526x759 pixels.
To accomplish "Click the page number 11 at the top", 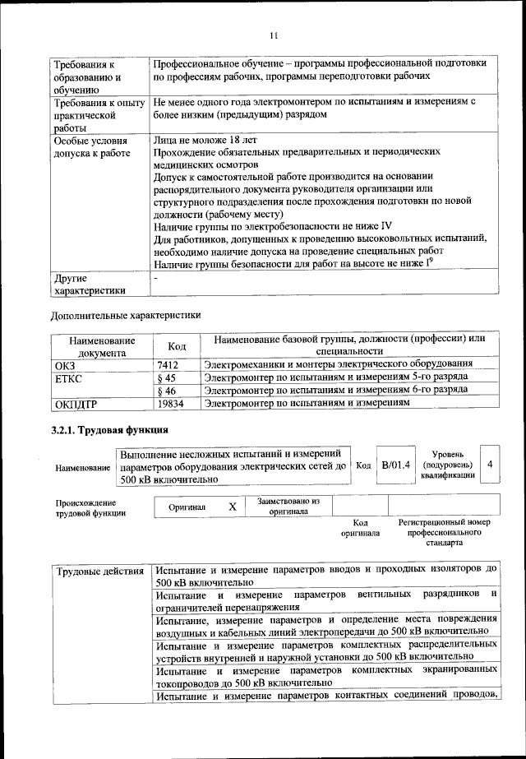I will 274,35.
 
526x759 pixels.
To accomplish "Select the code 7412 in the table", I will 168,364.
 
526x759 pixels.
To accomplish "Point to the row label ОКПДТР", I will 76,404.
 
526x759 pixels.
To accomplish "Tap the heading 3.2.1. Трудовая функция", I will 110,430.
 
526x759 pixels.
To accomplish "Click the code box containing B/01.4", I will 395,465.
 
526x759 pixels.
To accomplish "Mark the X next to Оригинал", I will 233,507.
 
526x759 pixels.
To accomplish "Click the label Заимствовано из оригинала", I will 288,506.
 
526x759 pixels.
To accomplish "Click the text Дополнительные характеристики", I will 125,314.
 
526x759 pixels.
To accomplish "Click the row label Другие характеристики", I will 90,284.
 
